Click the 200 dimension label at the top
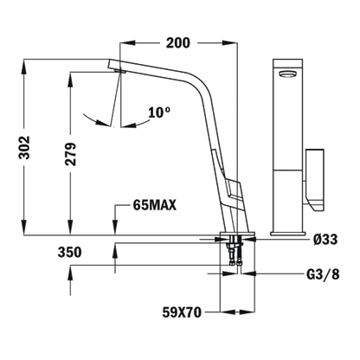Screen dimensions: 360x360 pos(178,43)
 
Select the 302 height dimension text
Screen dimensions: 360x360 pos(24,147)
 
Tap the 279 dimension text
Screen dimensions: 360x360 pos(70,154)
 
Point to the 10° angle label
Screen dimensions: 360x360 pos(159,112)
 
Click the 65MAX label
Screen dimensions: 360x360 pos(155,206)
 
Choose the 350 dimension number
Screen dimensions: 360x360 pos(69,253)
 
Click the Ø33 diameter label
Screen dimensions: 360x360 pos(326,239)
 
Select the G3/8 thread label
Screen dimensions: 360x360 pos(323,274)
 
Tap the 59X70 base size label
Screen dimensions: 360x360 pos(182,312)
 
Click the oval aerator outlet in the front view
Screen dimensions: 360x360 pos(287,74)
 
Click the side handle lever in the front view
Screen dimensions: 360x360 pos(315,181)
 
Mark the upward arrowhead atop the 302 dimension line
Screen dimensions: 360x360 pos(24,66)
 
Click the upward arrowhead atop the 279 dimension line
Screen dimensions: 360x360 pos(70,79)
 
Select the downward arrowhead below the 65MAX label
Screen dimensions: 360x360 pos(115,228)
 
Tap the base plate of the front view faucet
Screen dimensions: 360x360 pos(288,234)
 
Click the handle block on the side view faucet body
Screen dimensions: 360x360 pos(231,190)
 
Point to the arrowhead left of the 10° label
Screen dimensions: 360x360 pos(103,123)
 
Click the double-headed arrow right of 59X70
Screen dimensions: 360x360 pos(237,312)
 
